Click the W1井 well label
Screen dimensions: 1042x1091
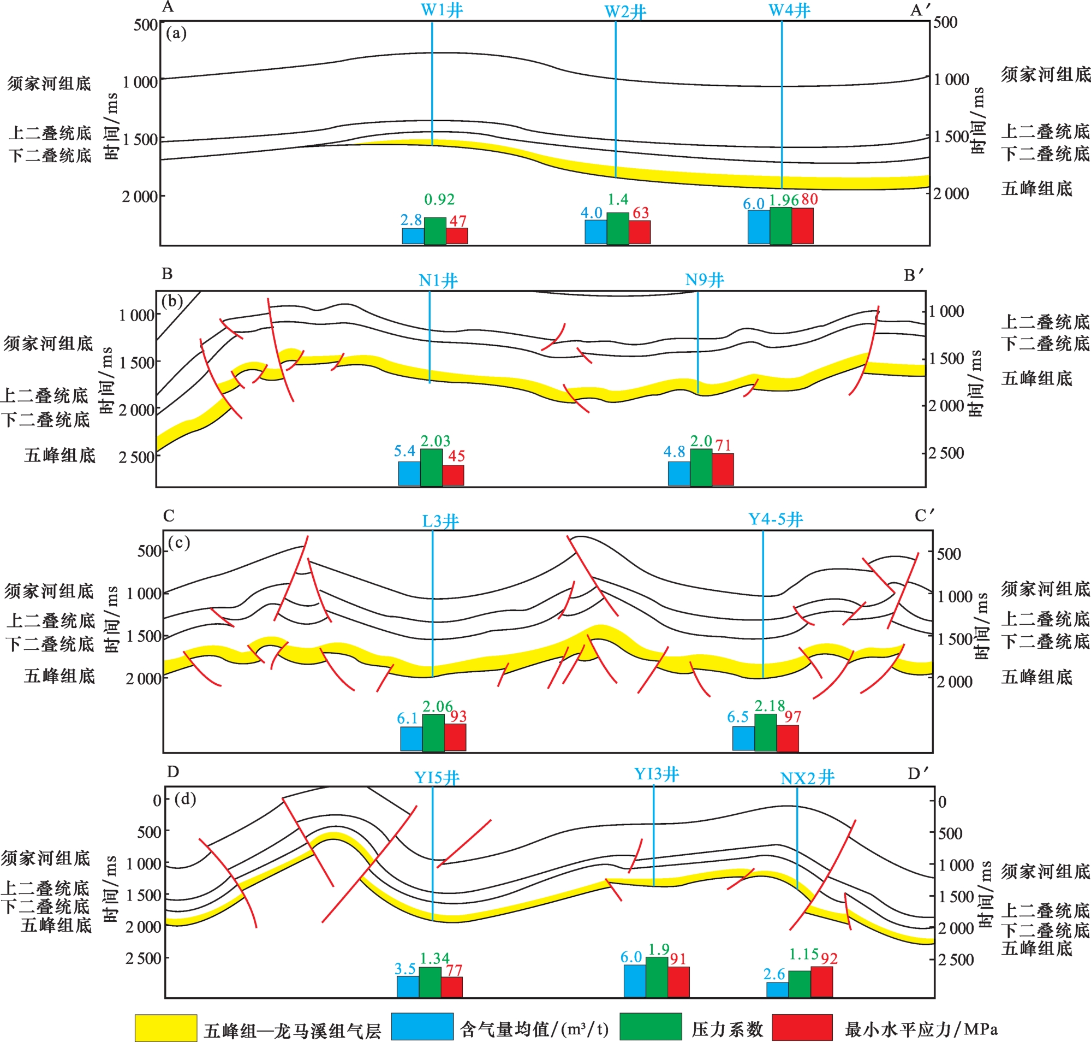click(x=442, y=10)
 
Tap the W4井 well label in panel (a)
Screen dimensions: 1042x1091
click(x=789, y=10)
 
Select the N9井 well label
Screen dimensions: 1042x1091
click(x=704, y=280)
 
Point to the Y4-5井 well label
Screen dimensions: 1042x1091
click(x=776, y=519)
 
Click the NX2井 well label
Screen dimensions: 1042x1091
click(x=807, y=778)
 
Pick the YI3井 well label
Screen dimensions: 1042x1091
click(x=656, y=774)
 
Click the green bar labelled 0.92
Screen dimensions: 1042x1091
click(x=435, y=230)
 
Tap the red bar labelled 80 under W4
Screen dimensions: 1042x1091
click(x=802, y=226)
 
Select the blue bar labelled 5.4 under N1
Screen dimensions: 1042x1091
click(x=409, y=473)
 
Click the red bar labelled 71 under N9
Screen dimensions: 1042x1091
click(x=723, y=469)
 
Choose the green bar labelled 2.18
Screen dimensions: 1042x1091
click(x=766, y=732)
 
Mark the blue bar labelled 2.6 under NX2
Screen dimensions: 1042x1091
click(x=777, y=989)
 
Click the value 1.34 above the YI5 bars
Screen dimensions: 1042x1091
click(x=434, y=958)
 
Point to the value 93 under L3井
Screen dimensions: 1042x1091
click(x=458, y=716)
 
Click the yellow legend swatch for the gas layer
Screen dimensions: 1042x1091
click(x=165, y=1028)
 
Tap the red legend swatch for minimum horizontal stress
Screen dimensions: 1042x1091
click(x=802, y=1027)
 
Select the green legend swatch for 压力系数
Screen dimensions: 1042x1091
click(x=650, y=1027)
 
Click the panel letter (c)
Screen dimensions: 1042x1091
click(x=179, y=542)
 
